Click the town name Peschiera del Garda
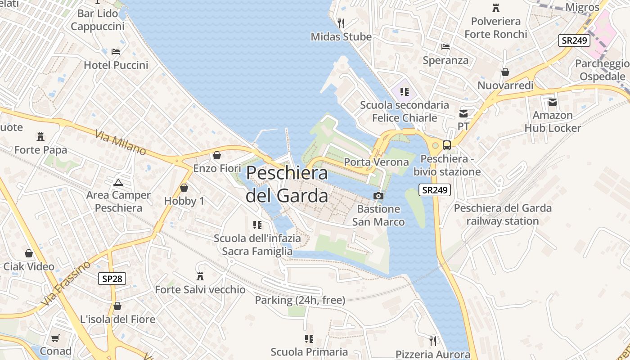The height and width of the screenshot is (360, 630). (x=287, y=184)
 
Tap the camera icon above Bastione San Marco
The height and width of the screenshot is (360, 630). (x=378, y=196)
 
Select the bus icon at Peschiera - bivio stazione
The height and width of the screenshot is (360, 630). (x=447, y=145)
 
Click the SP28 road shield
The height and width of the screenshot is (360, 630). (x=112, y=279)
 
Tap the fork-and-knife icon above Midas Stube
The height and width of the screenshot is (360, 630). (x=341, y=23)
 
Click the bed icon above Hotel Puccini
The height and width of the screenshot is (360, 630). (x=116, y=52)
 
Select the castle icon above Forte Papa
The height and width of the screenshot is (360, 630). (x=40, y=136)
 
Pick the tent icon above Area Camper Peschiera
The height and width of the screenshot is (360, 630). (x=118, y=182)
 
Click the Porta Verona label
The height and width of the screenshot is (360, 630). (x=376, y=162)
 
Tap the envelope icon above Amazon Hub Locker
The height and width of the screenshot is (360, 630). (x=553, y=102)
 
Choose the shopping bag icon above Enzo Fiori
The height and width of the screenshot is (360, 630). (x=217, y=155)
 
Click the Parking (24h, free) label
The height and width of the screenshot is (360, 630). (x=300, y=300)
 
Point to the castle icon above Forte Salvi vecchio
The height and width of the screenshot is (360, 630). (x=200, y=276)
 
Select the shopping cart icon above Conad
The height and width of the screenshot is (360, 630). (x=55, y=338)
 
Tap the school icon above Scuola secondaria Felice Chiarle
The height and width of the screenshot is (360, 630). (x=404, y=92)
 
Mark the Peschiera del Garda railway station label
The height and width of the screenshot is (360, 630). (x=503, y=215)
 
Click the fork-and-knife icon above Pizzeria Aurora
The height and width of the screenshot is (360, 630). (x=433, y=341)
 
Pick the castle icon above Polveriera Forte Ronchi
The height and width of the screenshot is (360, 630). (x=496, y=8)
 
